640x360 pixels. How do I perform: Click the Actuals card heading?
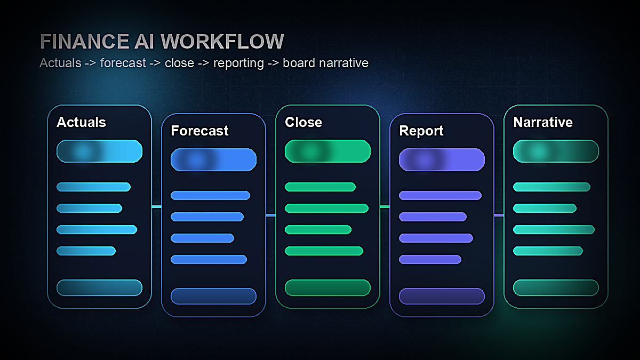[x=81, y=122]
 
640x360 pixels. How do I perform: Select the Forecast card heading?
[x=199, y=131]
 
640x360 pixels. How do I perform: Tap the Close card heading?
[x=303, y=122]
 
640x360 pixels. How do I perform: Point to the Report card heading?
[x=421, y=131]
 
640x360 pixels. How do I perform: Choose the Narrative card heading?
[x=543, y=122]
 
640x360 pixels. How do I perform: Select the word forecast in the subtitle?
[x=123, y=63]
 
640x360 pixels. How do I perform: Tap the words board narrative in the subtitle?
[x=325, y=63]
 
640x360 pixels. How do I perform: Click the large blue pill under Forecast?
[x=213, y=159]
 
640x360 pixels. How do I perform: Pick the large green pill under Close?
[x=327, y=151]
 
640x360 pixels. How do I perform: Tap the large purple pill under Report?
[x=442, y=159]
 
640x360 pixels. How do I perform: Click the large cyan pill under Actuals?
[x=99, y=151]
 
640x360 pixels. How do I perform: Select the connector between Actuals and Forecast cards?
[x=156, y=206]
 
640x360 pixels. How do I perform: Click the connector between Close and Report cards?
[x=385, y=206]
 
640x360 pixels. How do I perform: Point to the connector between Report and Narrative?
[x=499, y=215]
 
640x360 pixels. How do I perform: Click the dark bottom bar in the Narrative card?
[x=556, y=287]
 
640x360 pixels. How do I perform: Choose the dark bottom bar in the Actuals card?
[x=99, y=287]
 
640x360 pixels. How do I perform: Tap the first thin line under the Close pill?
[x=320, y=187]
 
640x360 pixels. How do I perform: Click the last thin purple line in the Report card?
[x=430, y=259]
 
